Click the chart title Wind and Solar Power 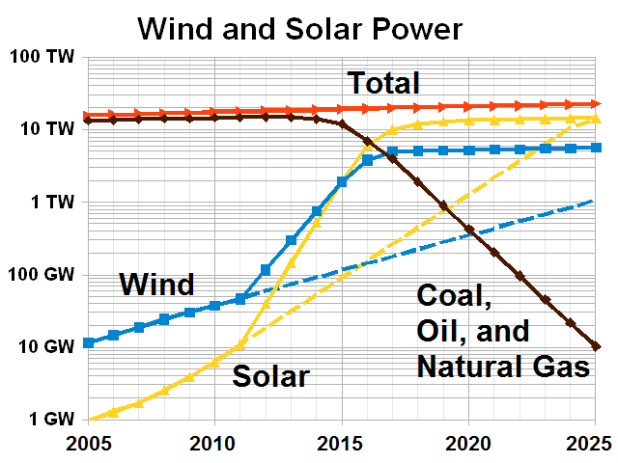coord(300,29)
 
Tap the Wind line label coord(156,285)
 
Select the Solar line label coord(269,376)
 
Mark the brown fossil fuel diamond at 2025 coord(596,346)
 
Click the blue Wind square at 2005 coord(89,342)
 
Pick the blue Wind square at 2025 coord(596,148)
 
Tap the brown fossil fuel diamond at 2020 coord(469,230)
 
